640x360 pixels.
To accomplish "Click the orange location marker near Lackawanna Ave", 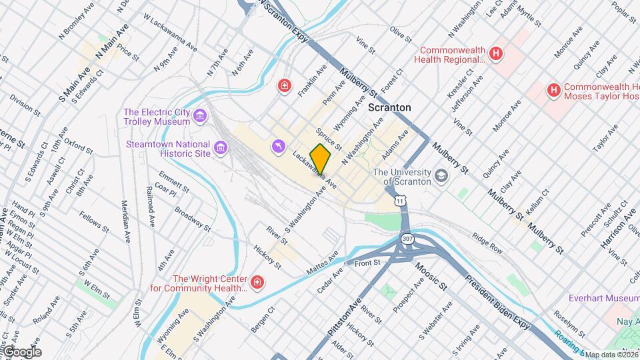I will pos(321,159).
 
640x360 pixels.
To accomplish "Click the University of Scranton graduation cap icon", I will pos(441,175).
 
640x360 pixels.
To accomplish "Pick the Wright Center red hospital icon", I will pos(257,284).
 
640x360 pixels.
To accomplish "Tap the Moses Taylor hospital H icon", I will pos(553,90).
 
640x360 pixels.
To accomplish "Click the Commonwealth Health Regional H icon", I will pos(495,54).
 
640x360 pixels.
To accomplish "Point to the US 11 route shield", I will pos(399,200).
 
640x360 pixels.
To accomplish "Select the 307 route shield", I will pos(406,238).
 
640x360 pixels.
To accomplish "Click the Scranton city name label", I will pos(389,107).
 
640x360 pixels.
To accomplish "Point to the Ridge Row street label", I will pos(487,241).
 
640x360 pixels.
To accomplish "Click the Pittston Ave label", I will pos(344,317).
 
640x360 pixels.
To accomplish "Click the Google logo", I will pos(21,352).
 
